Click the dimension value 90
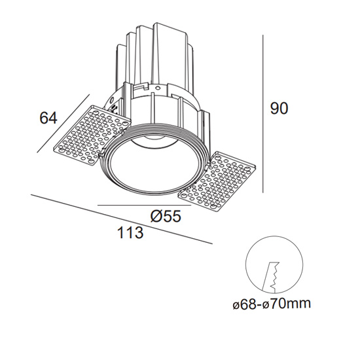click(x=279, y=109)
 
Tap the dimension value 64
click(x=48, y=118)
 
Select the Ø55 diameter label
click(x=166, y=216)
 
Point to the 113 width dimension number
click(x=130, y=232)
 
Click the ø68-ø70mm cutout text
click(x=272, y=304)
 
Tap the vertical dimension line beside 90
click(x=263, y=114)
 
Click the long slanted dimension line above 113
click(x=122, y=219)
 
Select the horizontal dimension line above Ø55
click(x=145, y=206)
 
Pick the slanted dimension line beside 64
click(x=63, y=123)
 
